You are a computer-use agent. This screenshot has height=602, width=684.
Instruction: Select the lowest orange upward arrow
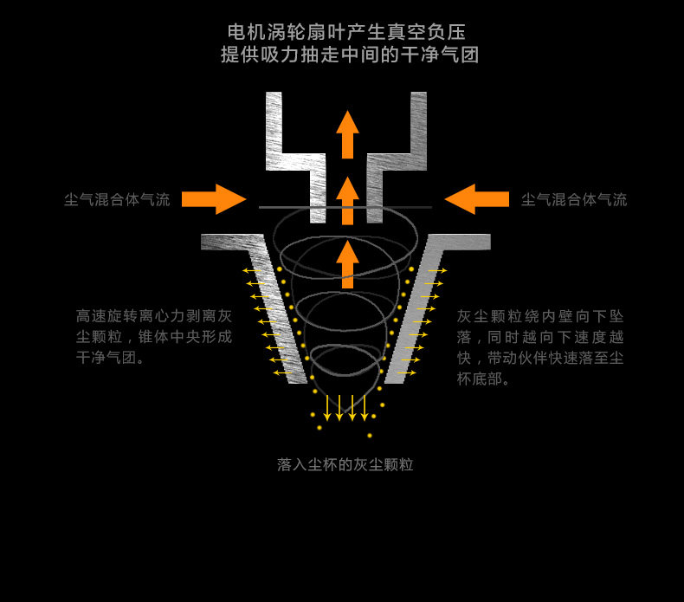[x=347, y=264]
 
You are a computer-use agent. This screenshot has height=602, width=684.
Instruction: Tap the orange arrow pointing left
[x=476, y=199]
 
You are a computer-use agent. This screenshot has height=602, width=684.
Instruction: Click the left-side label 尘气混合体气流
[x=117, y=200]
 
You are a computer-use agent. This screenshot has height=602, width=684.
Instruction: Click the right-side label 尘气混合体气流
[x=574, y=200]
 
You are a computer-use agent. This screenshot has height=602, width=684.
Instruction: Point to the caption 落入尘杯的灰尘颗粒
[x=345, y=465]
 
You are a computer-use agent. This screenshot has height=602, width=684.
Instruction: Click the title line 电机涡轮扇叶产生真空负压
[x=346, y=33]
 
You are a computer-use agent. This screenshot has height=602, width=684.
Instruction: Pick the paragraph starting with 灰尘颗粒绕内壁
[x=540, y=347]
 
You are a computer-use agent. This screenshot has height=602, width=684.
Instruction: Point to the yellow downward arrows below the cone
[x=345, y=407]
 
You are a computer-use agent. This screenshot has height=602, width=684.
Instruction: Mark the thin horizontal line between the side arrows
[x=345, y=207]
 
